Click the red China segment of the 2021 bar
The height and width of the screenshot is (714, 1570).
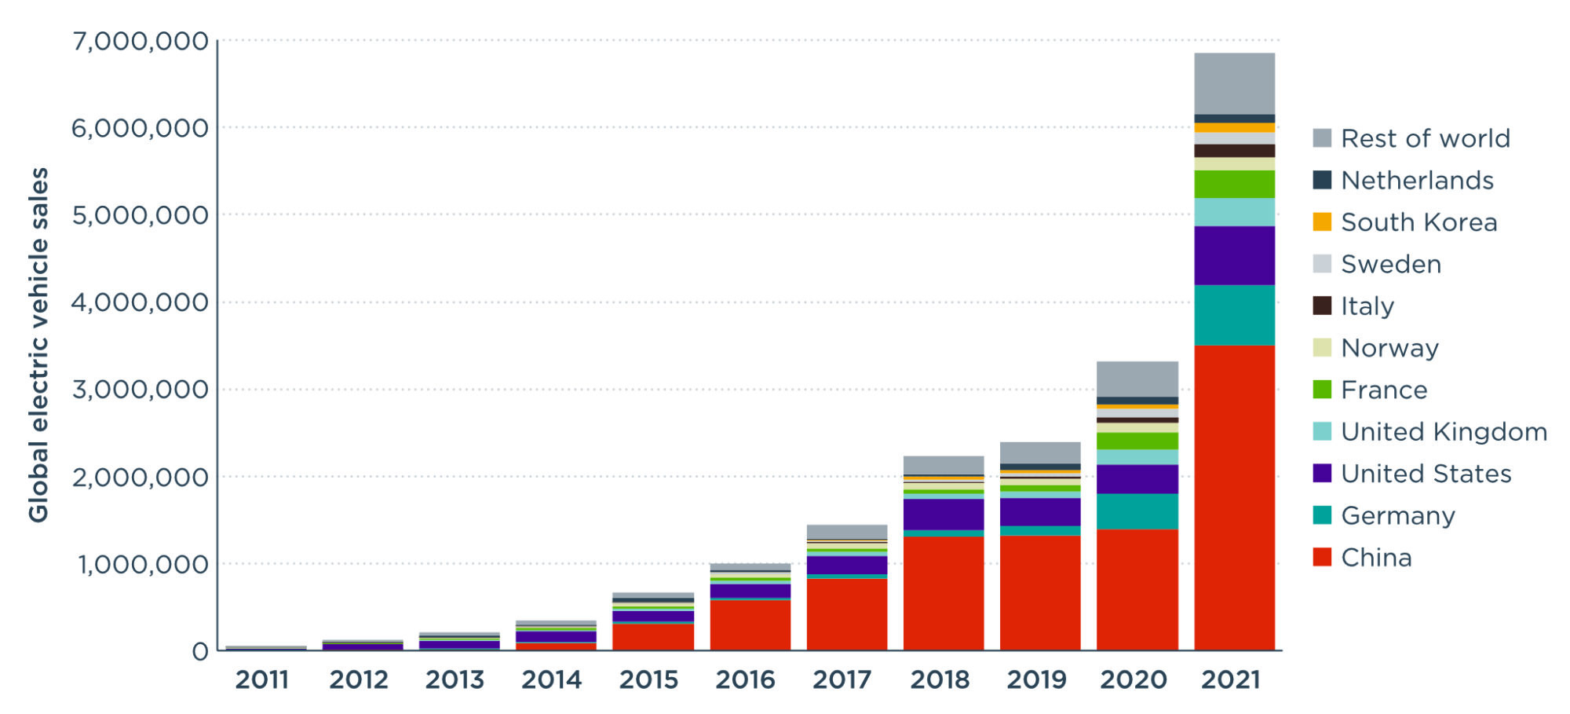coord(1234,497)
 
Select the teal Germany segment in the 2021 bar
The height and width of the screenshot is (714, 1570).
coord(1234,315)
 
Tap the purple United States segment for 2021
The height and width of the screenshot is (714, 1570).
coord(1234,255)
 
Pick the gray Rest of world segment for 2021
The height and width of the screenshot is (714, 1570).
coord(1234,83)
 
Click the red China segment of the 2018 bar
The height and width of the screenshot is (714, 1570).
coord(944,593)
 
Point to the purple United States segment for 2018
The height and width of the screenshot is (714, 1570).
coord(944,514)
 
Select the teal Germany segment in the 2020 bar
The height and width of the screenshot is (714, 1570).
coord(1137,511)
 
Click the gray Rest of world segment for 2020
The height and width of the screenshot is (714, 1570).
coord(1137,379)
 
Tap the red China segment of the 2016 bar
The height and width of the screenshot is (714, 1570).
coord(750,624)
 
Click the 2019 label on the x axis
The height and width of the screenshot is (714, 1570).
coord(1036,679)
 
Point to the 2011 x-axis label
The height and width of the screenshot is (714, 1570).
coord(262,679)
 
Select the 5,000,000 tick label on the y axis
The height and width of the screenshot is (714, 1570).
coord(141,215)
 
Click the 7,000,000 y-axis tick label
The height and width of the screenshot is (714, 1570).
coord(141,41)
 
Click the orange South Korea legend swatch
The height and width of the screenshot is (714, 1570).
coord(1322,222)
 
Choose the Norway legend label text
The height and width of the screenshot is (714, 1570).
coord(1389,348)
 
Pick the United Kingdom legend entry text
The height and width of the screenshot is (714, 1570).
coord(1444,432)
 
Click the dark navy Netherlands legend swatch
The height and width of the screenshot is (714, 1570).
coord(1322,180)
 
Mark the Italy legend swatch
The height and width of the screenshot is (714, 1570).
coord(1322,306)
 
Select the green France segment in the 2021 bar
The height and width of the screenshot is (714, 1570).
coord(1234,184)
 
